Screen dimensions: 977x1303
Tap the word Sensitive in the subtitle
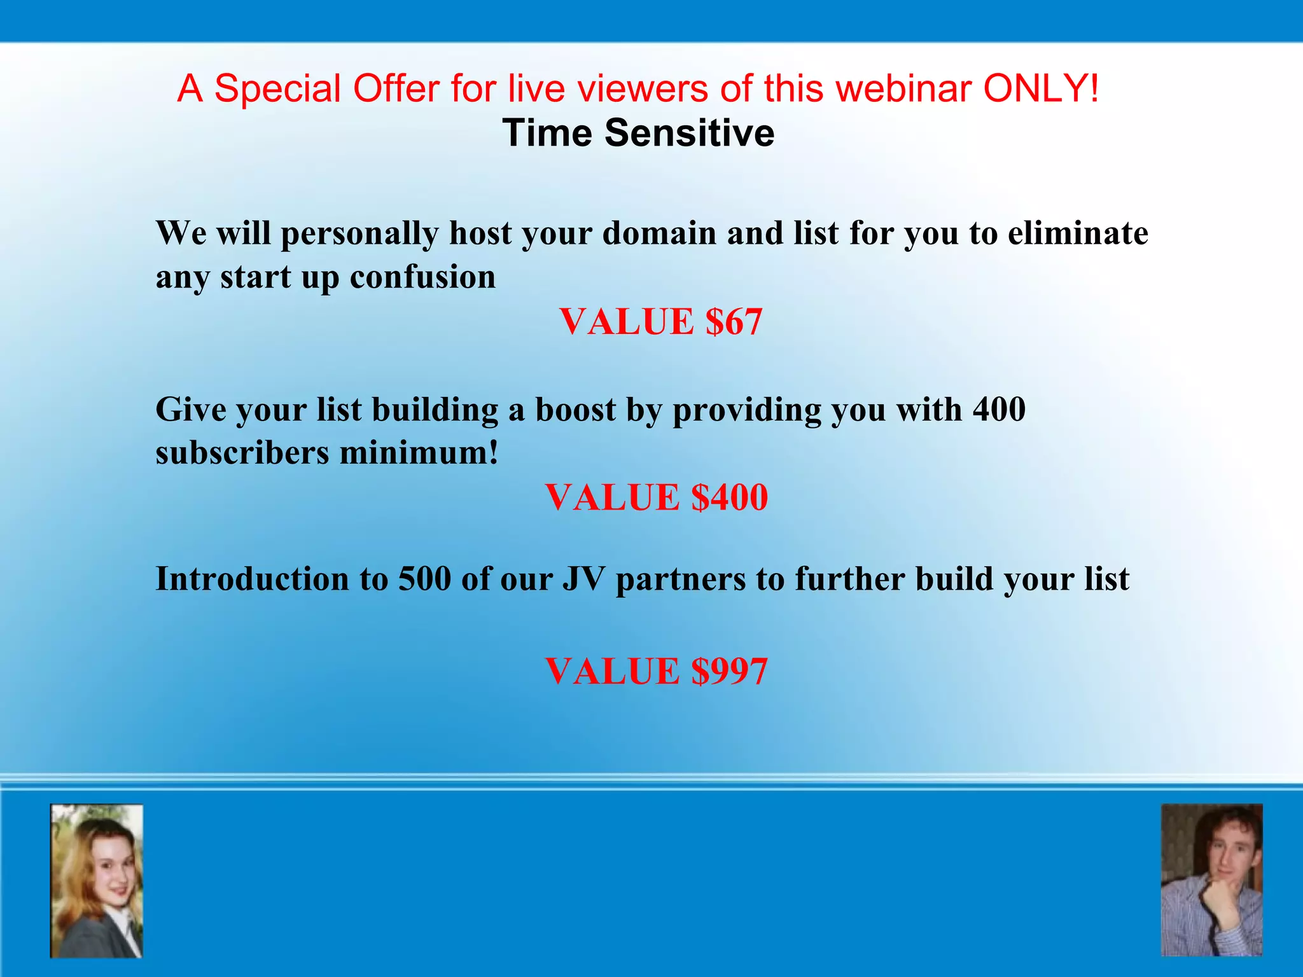click(689, 133)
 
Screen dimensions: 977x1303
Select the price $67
click(734, 321)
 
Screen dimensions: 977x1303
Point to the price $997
click(730, 671)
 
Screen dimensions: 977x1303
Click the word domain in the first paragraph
click(659, 233)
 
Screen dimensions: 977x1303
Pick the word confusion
click(422, 277)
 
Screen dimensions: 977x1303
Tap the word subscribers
click(242, 453)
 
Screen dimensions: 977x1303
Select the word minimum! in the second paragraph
click(419, 453)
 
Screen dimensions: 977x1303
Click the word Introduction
click(252, 579)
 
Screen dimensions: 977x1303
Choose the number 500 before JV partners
click(424, 579)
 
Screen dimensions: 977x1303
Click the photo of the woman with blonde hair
click(97, 881)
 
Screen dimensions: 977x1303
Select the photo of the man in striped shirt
click(1211, 880)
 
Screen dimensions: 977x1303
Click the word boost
click(575, 409)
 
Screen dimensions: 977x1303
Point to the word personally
click(359, 234)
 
